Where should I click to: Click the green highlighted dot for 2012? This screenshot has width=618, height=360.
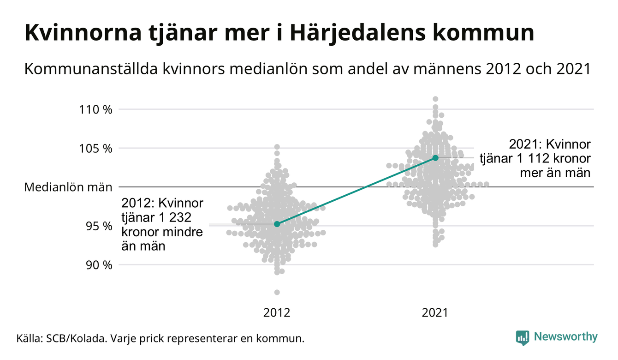point(277,224)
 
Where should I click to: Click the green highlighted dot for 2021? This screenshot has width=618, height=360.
point(435,158)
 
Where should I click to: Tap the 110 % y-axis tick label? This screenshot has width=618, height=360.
point(95,110)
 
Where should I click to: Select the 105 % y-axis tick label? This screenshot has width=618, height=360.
point(95,149)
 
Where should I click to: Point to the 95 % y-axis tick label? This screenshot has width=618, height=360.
point(99,226)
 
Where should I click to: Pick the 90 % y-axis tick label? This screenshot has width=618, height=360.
point(99,265)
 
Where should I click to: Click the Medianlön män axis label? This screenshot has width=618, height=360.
point(68,187)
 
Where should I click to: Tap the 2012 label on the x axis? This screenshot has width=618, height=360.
point(277,313)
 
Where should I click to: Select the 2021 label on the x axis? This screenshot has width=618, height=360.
point(435,313)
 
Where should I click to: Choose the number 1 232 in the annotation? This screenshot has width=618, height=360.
point(174,217)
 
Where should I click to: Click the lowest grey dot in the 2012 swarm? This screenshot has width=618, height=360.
point(277,292)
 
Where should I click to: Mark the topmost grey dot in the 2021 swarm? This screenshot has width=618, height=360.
point(435,99)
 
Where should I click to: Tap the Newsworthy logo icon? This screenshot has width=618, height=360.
point(523,337)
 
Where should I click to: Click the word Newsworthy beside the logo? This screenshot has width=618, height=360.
point(565,337)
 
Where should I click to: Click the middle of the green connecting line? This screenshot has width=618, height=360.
point(356,191)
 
